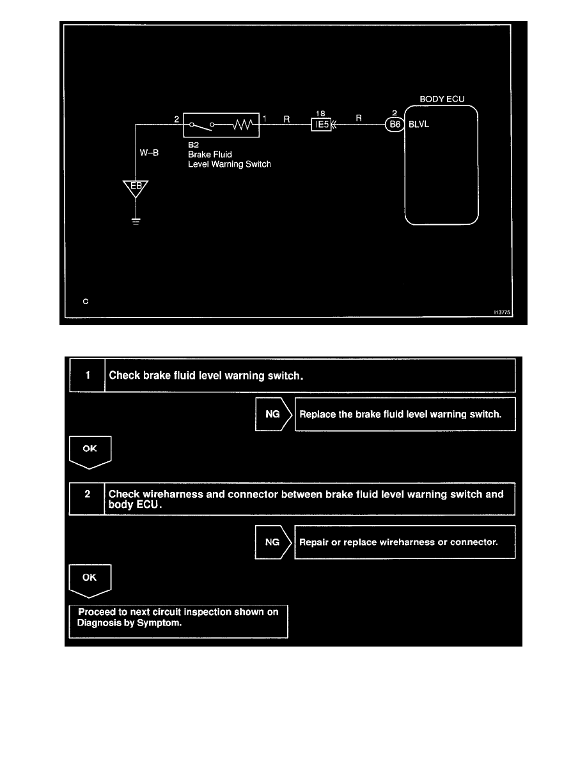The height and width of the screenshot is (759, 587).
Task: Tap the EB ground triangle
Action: pyautogui.click(x=136, y=188)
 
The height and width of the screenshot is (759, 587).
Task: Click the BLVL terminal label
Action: pyautogui.click(x=419, y=125)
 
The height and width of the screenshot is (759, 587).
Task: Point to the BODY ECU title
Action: pyautogui.click(x=442, y=100)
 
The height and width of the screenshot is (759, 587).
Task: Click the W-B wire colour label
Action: pyautogui.click(x=149, y=153)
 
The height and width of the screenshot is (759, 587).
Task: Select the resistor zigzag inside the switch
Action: pyautogui.click(x=245, y=126)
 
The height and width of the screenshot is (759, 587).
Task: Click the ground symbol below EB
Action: pyautogui.click(x=136, y=222)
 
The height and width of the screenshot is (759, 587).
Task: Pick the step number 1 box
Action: pyautogui.click(x=88, y=376)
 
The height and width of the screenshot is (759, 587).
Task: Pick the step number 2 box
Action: pyautogui.click(x=88, y=498)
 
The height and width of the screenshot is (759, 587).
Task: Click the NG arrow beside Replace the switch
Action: pyautogui.click(x=273, y=414)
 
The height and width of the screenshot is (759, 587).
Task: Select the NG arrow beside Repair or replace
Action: pyautogui.click(x=273, y=542)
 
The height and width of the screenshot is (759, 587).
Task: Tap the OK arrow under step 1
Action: pyautogui.click(x=90, y=450)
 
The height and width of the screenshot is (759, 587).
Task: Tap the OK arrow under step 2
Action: pyautogui.click(x=90, y=579)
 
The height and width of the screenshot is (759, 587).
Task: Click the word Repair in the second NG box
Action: pyautogui.click(x=315, y=542)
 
